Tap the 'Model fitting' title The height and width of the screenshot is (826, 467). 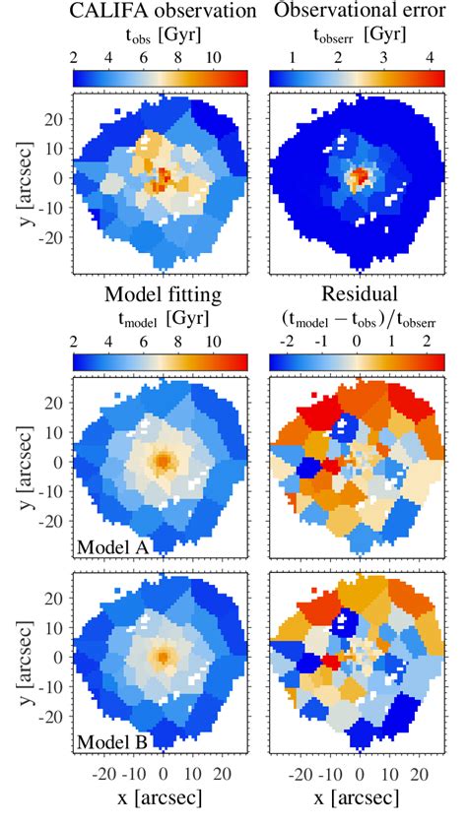tap(163, 294)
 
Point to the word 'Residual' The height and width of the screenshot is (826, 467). tap(361, 294)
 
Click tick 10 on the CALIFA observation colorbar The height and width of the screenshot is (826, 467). tap(213, 58)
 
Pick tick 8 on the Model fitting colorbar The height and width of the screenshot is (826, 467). tap(178, 338)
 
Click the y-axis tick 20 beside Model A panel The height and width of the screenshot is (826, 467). tap(55, 404)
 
